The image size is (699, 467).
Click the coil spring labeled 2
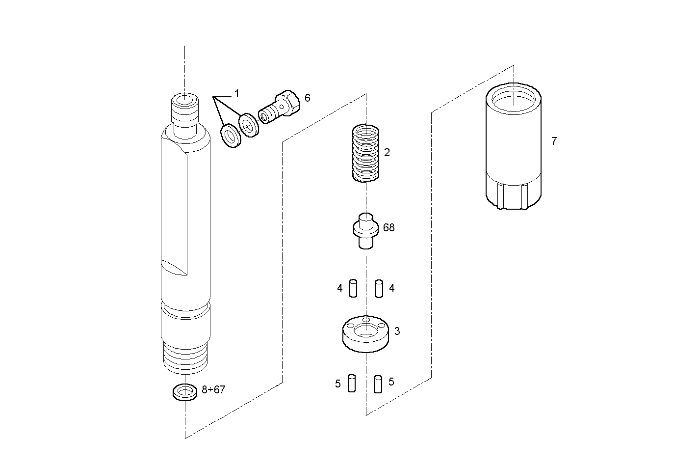(x=366, y=153)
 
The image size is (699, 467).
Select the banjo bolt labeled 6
(x=281, y=108)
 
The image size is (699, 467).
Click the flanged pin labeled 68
(x=366, y=229)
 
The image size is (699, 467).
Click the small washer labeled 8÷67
(x=184, y=392)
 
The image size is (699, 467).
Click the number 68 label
(x=388, y=228)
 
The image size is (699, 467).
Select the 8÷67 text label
(x=213, y=390)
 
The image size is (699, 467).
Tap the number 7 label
(x=554, y=141)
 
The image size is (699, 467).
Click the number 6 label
(x=307, y=98)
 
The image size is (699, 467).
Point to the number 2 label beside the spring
(x=387, y=153)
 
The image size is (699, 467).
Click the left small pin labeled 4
(x=353, y=288)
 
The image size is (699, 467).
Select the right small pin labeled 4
(x=379, y=288)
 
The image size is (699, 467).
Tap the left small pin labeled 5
(x=351, y=383)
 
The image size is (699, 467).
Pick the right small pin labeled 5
(x=378, y=384)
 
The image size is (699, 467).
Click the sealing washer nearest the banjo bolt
(x=248, y=126)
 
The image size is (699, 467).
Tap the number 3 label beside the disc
(x=397, y=331)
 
